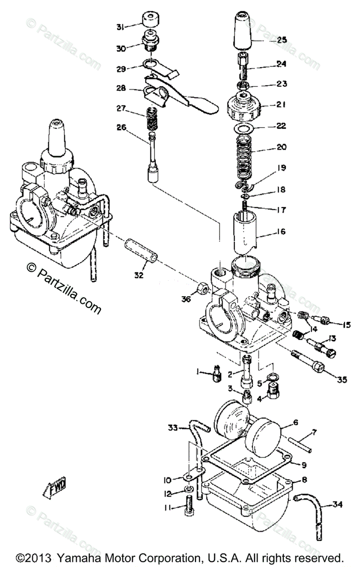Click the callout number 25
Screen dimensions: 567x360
tap(282, 41)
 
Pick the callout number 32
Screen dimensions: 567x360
tap(138, 275)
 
